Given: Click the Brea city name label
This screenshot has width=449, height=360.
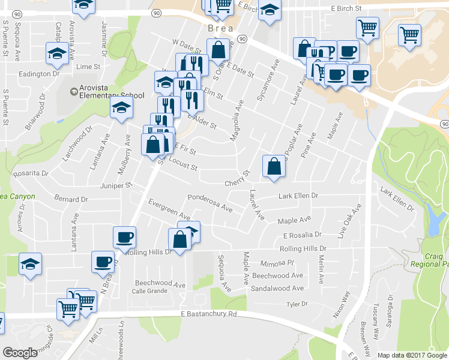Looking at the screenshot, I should pyautogui.click(x=220, y=29).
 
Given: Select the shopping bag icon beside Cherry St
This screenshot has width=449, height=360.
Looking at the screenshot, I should pyautogui.click(x=274, y=167).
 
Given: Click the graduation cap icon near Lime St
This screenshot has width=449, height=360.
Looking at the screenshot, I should pyautogui.click(x=57, y=55).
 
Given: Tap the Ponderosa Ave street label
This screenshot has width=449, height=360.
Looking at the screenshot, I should pyautogui.click(x=209, y=202).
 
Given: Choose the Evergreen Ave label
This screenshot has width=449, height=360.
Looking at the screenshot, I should pyautogui.click(x=169, y=209).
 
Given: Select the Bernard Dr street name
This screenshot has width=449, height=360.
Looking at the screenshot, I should pyautogui.click(x=71, y=198).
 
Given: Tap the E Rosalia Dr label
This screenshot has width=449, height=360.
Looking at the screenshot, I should pyautogui.click(x=303, y=235).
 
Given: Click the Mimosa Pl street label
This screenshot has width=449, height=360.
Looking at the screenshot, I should pyautogui.click(x=277, y=263).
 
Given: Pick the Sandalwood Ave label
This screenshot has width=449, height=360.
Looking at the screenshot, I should pyautogui.click(x=278, y=288).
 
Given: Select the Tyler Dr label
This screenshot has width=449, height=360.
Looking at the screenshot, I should pyautogui.click(x=297, y=304).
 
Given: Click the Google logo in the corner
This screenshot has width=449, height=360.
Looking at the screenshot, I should pyautogui.click(x=20, y=353).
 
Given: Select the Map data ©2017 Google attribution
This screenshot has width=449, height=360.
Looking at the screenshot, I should pyautogui.click(x=412, y=355).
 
